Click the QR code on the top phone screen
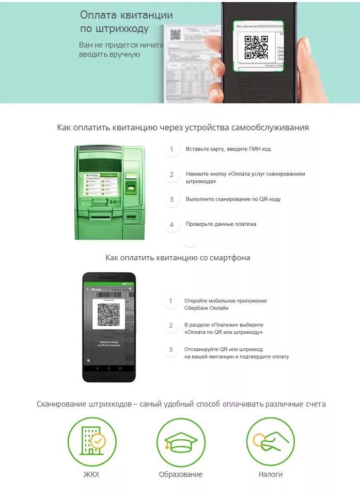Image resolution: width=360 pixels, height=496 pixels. pyautogui.click(x=256, y=47)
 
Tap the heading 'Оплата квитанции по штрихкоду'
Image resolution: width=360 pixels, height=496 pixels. pyautogui.click(x=126, y=22)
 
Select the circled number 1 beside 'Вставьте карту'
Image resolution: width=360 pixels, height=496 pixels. pyautogui.click(x=171, y=149)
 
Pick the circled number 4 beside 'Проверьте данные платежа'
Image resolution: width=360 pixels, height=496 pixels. pyautogui.click(x=171, y=224)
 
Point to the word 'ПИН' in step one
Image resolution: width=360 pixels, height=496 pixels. pyautogui.click(x=253, y=149)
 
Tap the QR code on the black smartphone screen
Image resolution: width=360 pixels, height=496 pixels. pyautogui.click(x=108, y=315)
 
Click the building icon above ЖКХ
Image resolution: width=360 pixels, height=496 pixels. pyautogui.click(x=91, y=442)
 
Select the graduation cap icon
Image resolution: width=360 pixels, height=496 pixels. pyautogui.click(x=181, y=442)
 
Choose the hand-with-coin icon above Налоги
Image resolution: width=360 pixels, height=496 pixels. pyautogui.click(x=270, y=442)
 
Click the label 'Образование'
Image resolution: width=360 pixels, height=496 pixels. pyautogui.click(x=181, y=474)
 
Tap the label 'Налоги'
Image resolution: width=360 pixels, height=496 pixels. pyautogui.click(x=270, y=474)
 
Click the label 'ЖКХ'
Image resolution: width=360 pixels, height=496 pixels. pyautogui.click(x=91, y=474)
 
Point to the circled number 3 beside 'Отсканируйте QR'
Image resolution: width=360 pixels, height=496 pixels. pyautogui.click(x=171, y=350)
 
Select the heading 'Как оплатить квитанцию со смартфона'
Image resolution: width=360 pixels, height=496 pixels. pyautogui.click(x=178, y=257)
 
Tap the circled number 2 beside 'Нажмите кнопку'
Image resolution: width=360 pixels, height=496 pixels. pyautogui.click(x=171, y=174)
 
